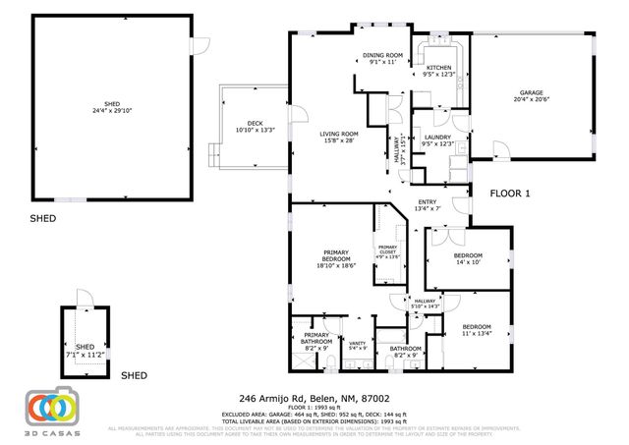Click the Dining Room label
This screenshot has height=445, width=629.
pos(382,55)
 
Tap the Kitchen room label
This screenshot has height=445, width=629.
pos(438,67)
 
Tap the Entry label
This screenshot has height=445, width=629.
pos(427,202)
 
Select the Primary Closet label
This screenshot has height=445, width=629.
pos(388,249)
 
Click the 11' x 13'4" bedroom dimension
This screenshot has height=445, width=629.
pos(477,332)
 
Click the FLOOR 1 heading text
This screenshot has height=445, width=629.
pos(509,194)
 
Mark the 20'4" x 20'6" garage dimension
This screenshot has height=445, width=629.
pos(532,100)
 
